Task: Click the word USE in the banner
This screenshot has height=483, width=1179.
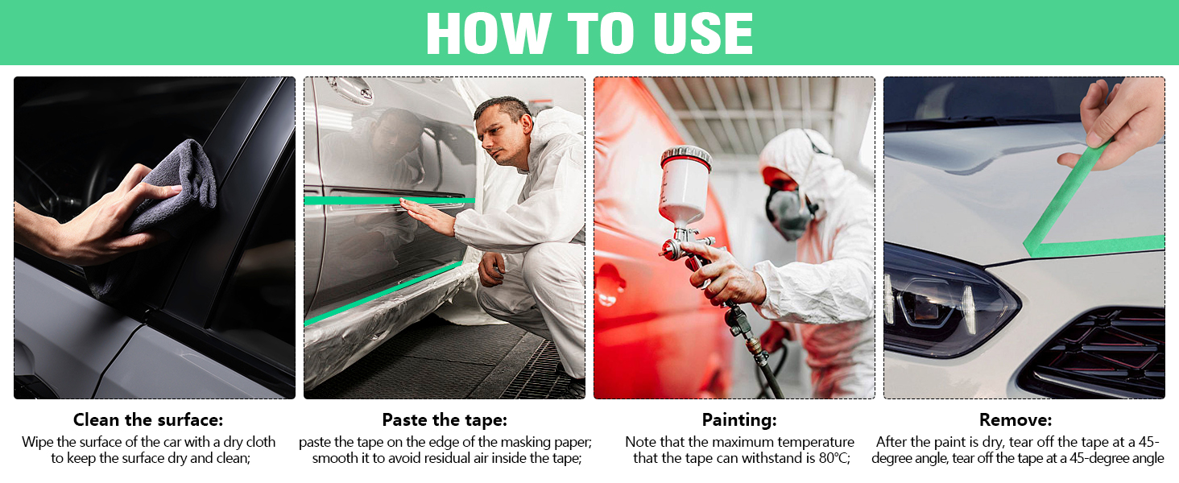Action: [x=703, y=33]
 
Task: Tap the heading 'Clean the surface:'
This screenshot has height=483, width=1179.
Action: [x=148, y=420]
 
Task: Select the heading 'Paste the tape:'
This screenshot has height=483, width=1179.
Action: [x=445, y=420]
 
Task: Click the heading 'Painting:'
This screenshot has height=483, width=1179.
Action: [x=739, y=420]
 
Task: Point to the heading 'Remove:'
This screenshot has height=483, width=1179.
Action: [x=1016, y=420]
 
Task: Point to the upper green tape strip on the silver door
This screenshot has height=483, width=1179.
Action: [x=390, y=200]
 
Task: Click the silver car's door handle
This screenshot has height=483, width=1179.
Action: [x=350, y=89]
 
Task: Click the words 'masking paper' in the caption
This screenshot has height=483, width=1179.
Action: [x=544, y=443]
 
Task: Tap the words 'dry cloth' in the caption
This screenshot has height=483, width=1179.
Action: [x=250, y=442]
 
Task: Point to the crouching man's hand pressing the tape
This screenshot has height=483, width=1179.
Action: [x=426, y=216]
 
